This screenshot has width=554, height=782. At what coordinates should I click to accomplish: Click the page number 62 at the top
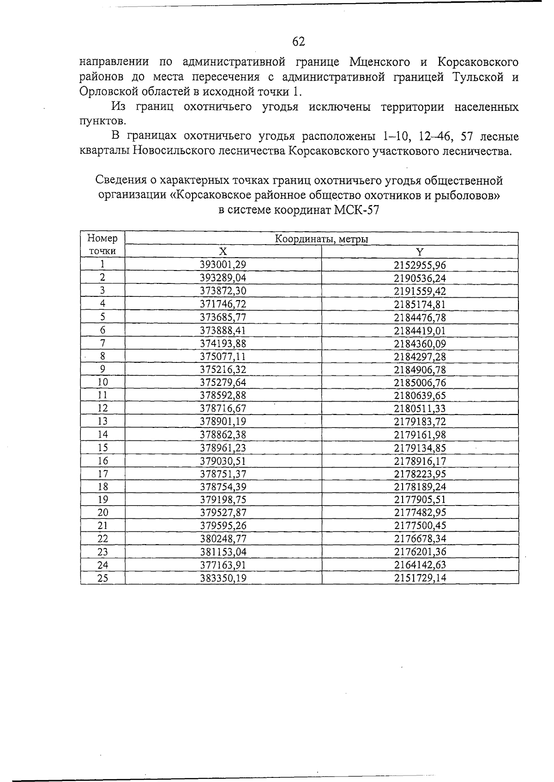pyautogui.click(x=299, y=42)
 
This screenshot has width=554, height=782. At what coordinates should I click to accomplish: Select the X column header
pyautogui.click(x=223, y=252)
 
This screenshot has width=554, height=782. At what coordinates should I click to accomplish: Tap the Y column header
pyautogui.click(x=420, y=252)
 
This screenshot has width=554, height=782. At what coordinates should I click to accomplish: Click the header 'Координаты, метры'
pyautogui.click(x=322, y=239)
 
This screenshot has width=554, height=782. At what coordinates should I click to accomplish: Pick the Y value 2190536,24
pyautogui.click(x=420, y=278)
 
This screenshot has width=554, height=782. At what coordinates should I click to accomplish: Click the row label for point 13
pyautogui.click(x=102, y=421)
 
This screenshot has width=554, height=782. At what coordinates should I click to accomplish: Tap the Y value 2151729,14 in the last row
pyautogui.click(x=420, y=578)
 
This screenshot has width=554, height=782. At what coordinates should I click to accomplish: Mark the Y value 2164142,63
pyautogui.click(x=420, y=565)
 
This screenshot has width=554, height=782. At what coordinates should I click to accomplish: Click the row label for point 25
pyautogui.click(x=102, y=578)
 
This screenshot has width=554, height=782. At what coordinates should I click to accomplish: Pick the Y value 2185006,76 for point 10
pyautogui.click(x=420, y=382)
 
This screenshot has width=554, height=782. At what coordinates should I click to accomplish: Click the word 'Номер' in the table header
pyautogui.click(x=102, y=239)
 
